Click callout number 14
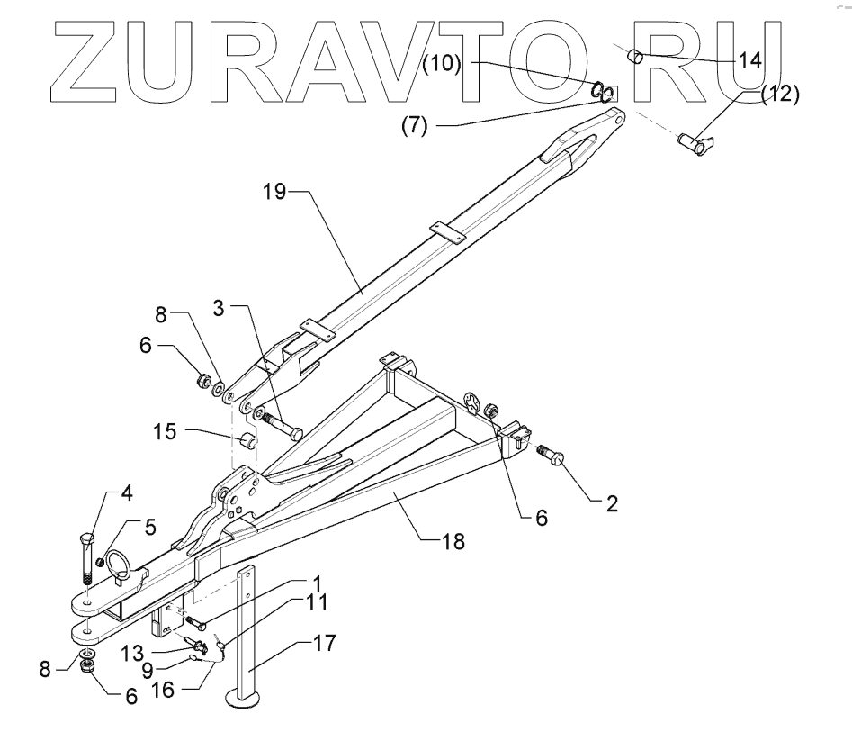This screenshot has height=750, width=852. point(749,61)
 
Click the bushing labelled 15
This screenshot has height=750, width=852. point(249,444)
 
